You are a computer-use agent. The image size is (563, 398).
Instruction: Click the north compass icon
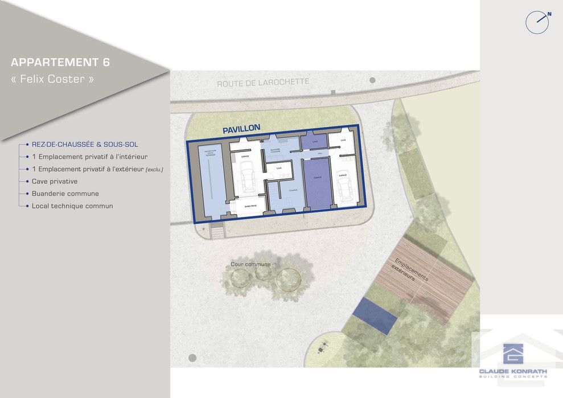point(537,22)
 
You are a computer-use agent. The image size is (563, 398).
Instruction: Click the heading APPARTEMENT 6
point(60,63)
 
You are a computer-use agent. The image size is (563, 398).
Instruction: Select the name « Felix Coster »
point(52,79)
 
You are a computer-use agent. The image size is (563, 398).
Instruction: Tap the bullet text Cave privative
point(55,181)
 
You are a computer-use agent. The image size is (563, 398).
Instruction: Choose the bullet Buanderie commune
point(65,194)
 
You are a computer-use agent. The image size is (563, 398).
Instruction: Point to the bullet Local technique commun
point(72,206)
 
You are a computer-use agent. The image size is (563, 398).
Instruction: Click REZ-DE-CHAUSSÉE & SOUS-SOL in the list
point(85,145)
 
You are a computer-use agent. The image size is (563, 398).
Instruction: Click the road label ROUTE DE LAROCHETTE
point(262,83)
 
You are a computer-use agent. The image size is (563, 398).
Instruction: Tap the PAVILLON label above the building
point(241,129)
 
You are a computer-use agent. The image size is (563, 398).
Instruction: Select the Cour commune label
point(250,264)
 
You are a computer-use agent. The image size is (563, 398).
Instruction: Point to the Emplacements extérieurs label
point(412,272)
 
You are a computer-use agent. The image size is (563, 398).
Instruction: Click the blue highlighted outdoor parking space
point(374,315)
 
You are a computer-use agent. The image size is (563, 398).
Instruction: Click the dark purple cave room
point(313,141)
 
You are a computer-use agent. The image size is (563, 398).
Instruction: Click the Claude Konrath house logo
point(513,354)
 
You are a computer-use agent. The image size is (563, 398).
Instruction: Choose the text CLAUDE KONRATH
point(513,371)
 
